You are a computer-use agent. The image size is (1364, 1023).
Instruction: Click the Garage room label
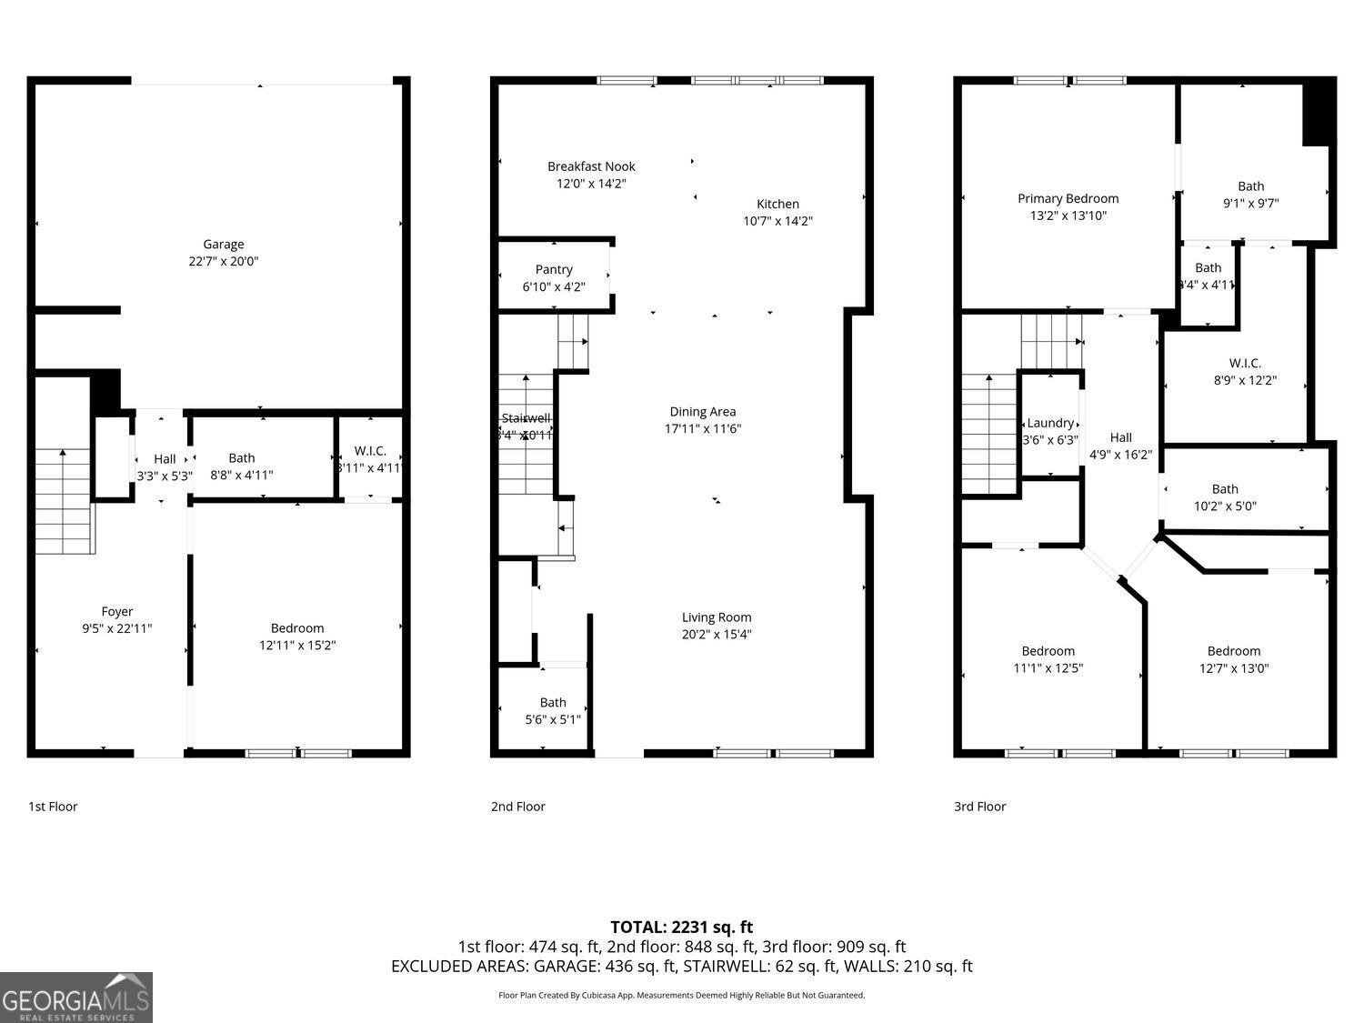click(223, 244)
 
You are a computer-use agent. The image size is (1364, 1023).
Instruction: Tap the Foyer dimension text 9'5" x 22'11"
click(116, 628)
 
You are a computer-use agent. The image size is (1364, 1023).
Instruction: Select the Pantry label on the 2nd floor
click(554, 269)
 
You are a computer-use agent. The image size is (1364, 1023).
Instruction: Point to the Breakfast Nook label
click(591, 166)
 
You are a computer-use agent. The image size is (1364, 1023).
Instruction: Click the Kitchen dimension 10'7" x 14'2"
click(777, 221)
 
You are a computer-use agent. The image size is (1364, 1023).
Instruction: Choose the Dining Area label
click(702, 412)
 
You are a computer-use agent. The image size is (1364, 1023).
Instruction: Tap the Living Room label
click(717, 617)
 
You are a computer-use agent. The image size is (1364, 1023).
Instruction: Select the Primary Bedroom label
click(1068, 198)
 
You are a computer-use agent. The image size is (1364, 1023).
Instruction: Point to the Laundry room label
click(1050, 423)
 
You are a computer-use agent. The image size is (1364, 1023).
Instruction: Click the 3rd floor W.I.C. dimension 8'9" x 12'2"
click(1245, 381)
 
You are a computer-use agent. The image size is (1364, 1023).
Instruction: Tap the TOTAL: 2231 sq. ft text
click(681, 928)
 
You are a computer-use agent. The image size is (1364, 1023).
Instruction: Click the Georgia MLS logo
click(75, 998)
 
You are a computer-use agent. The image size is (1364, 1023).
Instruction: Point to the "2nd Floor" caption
click(517, 807)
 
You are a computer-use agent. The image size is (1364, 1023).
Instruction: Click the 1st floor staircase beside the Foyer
click(63, 500)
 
